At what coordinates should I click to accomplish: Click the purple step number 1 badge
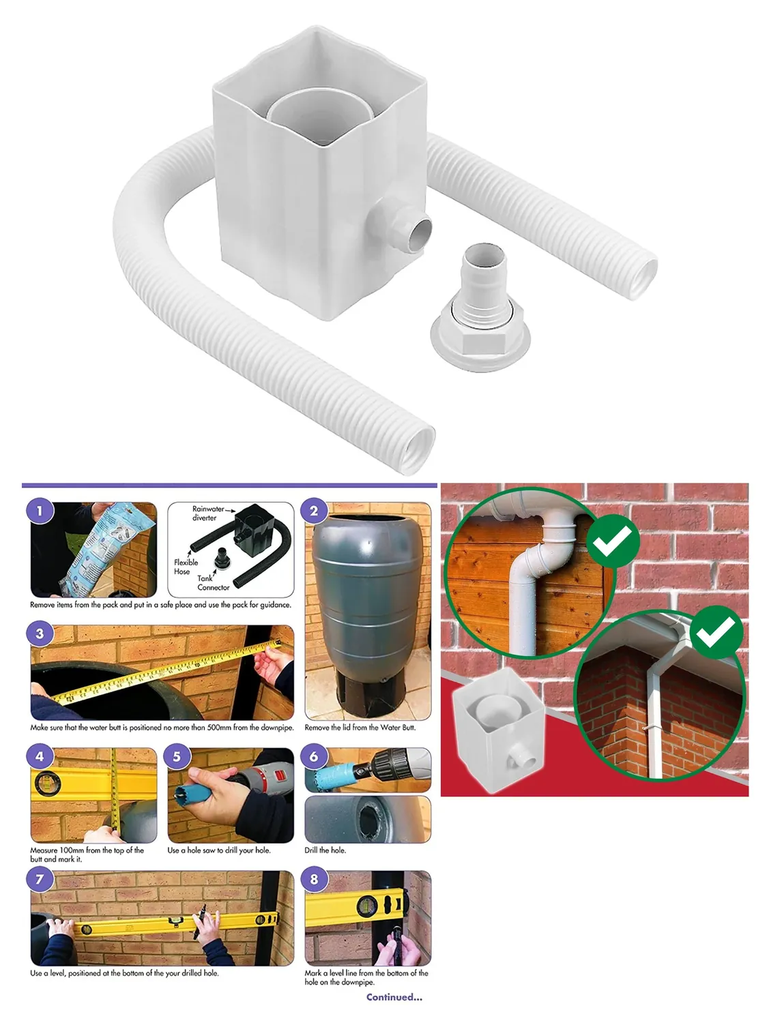(40, 510)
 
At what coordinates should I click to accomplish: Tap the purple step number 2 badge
(314, 510)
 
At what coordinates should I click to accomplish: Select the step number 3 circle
(40, 633)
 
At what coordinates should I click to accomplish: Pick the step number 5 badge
(177, 756)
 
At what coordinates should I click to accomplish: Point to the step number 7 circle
(40, 879)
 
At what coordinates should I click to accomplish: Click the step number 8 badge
(314, 879)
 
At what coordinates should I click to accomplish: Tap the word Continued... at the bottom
(394, 997)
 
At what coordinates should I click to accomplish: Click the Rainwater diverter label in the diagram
(207, 513)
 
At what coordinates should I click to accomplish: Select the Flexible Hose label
(186, 567)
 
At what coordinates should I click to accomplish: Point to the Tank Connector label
(213, 582)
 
